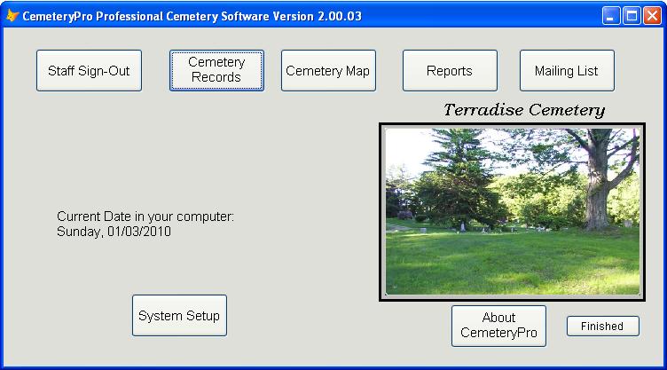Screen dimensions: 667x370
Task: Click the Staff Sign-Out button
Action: point(89,71)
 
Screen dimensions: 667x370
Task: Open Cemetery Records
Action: point(216,71)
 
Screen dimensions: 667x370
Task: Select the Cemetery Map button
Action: point(328,71)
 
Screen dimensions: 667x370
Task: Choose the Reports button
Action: point(450,71)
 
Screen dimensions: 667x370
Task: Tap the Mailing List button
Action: point(567,71)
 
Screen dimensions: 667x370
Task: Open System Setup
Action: point(179,316)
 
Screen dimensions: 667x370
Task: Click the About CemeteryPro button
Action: point(498,326)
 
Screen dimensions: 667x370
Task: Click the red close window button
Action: point(652,16)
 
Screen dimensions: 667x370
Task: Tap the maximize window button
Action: point(632,16)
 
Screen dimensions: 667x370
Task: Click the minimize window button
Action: point(611,16)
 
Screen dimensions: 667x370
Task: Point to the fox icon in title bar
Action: point(12,16)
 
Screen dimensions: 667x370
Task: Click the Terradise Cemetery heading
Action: point(524,110)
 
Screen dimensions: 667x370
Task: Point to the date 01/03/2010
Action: point(139,232)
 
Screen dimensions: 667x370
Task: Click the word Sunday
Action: point(80,232)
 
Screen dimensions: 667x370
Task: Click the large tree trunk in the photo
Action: point(597,192)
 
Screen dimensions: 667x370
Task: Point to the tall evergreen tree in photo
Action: point(458,179)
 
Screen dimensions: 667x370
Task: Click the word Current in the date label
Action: point(77,216)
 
